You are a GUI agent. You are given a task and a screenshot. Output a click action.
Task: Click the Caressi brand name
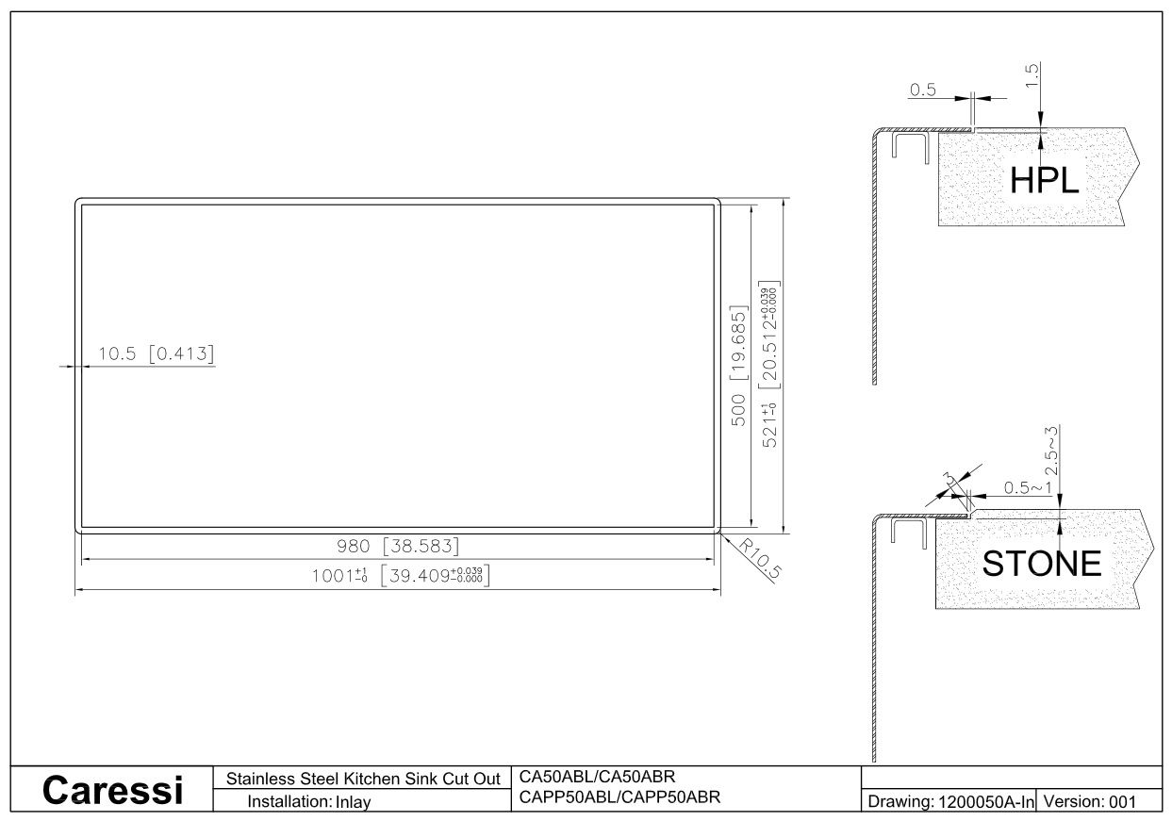112,790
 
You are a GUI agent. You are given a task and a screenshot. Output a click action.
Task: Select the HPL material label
1044,180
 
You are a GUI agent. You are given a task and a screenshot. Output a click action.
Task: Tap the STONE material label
1042,563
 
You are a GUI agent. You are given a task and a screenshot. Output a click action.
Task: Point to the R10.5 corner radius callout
760,559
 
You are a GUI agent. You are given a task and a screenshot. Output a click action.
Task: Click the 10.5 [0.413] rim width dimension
156,353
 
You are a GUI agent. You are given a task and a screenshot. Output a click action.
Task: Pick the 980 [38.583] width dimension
398,546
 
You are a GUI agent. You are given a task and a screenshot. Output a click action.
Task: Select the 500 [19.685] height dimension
738,366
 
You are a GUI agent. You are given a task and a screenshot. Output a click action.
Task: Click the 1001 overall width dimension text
401,575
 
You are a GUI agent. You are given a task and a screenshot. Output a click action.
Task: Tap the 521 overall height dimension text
769,364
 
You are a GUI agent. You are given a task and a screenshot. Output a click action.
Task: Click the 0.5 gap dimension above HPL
922,90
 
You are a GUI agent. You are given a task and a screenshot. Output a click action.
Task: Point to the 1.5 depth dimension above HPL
1032,75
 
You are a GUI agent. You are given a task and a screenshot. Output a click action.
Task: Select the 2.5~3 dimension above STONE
1051,451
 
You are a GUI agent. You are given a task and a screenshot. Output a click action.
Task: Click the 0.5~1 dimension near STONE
1028,488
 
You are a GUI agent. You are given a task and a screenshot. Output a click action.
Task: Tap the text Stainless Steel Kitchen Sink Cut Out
363,779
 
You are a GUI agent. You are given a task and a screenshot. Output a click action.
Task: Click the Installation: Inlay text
308,801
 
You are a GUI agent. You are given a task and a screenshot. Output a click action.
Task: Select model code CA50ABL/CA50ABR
597,777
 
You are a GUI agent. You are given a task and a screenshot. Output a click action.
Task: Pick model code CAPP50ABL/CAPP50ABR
619,796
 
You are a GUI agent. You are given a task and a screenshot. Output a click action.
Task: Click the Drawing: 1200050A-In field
950,801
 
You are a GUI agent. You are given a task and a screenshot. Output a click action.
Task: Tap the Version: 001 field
1090,801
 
